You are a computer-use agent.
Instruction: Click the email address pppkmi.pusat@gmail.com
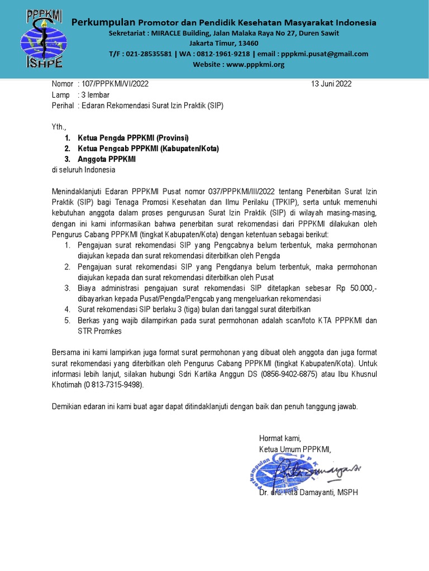tap(325, 54)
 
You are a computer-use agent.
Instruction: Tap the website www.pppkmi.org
tap(255, 65)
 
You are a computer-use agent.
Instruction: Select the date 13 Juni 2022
tap(331, 84)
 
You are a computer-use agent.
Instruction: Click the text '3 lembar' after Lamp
tap(96, 95)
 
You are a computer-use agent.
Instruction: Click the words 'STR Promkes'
tap(99, 331)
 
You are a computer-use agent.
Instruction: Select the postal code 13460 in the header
tap(247, 43)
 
